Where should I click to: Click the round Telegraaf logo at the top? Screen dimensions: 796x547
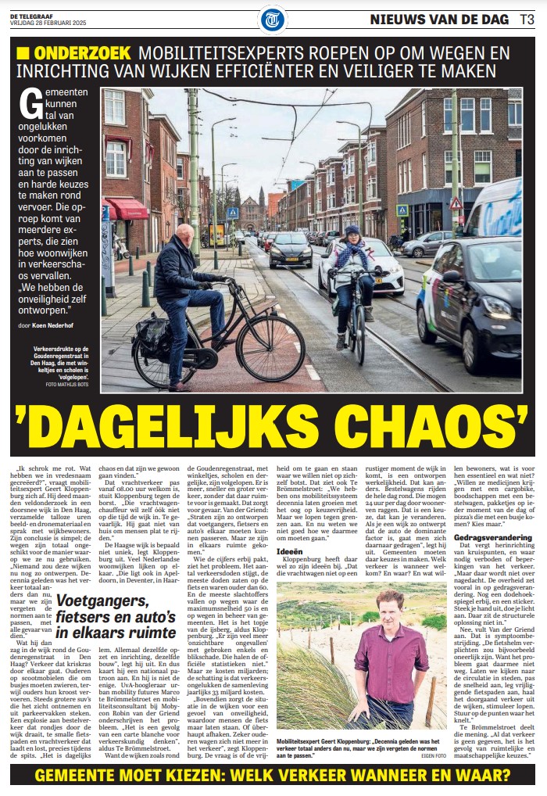coord(273,19)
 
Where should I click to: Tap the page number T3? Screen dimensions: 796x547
coord(528,19)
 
